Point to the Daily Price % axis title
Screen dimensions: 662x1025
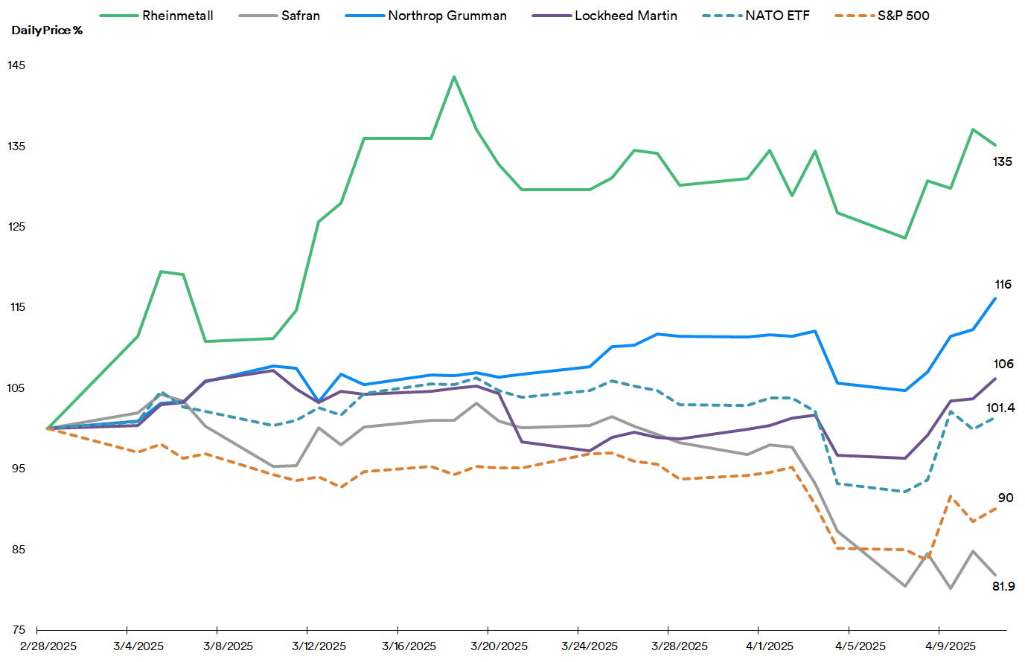(47, 30)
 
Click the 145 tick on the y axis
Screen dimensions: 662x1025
(16, 65)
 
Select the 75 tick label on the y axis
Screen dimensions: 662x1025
(18, 630)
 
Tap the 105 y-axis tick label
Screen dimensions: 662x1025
(16, 388)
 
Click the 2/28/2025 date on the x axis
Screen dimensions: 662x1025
(48, 646)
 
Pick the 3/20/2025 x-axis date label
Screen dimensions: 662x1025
(499, 646)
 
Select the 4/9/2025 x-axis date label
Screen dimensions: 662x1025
(951, 646)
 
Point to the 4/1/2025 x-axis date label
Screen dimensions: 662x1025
(770, 646)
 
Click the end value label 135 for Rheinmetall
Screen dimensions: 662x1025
(1002, 161)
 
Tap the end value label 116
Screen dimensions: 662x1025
(1003, 285)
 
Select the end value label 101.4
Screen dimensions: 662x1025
(1000, 408)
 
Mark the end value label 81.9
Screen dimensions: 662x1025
(1003, 586)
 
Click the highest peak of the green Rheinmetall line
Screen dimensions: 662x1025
(454, 77)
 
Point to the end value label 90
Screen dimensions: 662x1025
(1005, 498)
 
